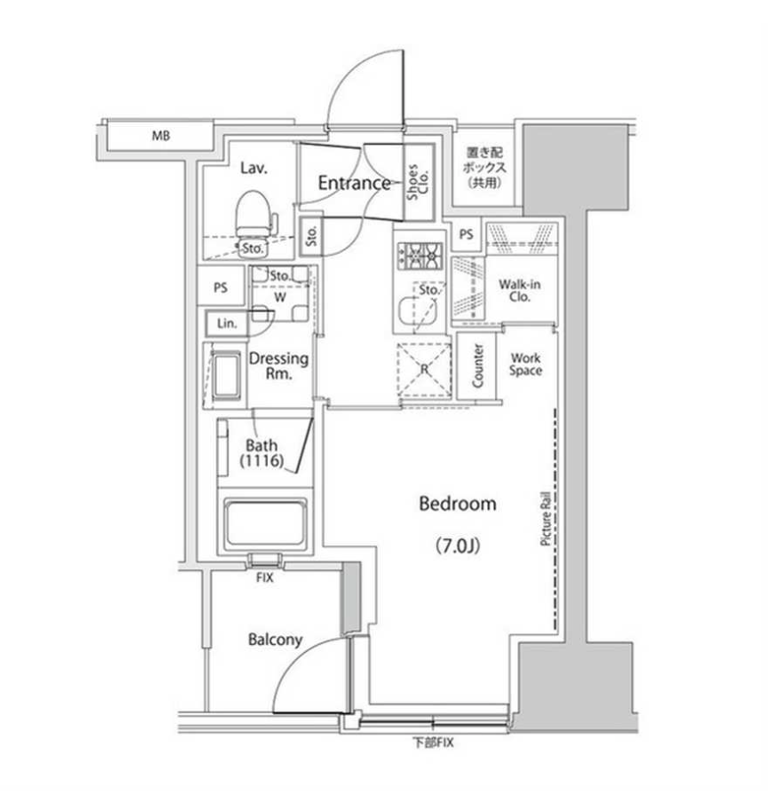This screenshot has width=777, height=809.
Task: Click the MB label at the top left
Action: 161,136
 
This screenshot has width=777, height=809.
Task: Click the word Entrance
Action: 354,184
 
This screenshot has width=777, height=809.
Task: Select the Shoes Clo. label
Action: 418,183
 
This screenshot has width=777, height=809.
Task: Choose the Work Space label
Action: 525,365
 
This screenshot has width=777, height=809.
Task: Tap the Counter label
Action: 477,365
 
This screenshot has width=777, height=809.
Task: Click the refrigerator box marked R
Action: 423,373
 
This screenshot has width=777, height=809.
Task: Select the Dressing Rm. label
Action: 279,366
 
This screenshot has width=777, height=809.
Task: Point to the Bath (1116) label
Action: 261,452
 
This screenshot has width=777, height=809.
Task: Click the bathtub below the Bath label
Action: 265,523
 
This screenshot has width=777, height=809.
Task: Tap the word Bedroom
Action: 458,504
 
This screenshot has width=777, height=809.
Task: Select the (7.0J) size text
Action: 458,546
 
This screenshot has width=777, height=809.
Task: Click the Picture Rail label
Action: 547,523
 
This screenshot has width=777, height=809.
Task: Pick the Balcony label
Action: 275,640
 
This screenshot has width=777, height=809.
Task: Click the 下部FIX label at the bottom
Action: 433,743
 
